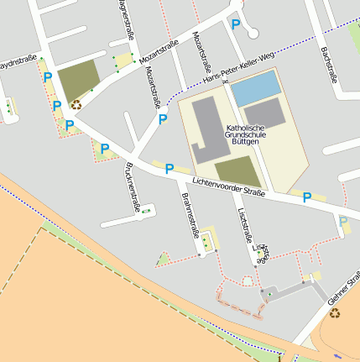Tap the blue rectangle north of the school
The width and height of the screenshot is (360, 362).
[256, 87]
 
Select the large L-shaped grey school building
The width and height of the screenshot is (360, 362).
[210, 129]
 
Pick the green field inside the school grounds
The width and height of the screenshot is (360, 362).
[238, 171]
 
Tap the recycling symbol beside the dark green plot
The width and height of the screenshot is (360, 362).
[76, 105]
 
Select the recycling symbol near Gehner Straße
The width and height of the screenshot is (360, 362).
[335, 313]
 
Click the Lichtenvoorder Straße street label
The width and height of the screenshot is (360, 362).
[228, 186]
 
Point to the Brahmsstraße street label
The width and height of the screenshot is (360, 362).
[188, 213]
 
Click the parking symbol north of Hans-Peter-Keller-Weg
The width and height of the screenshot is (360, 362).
[236, 25]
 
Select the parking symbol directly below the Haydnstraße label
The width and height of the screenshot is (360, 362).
[48, 77]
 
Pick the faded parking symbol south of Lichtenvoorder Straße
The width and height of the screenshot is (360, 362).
[344, 222]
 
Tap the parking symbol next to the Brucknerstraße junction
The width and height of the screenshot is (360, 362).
[105, 149]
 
